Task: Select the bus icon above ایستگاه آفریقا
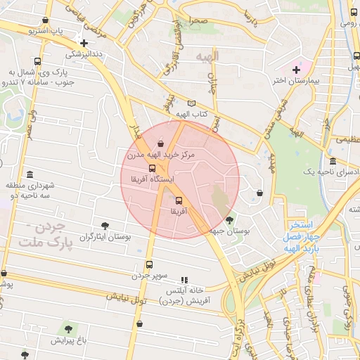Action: tap(152, 168)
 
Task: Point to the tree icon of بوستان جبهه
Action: tap(230, 220)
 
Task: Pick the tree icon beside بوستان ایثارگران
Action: tap(105, 226)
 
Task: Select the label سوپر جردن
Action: tap(148, 275)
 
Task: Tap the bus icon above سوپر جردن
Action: tap(148, 264)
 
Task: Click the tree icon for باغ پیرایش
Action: tap(68, 328)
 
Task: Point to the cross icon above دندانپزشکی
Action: tap(84, 43)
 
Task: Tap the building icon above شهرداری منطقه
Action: tap(29, 175)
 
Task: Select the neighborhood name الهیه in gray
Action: tap(208, 56)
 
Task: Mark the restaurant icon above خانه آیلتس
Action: tap(184, 279)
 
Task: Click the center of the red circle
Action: tap(180, 179)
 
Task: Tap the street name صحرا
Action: tap(198, 21)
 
